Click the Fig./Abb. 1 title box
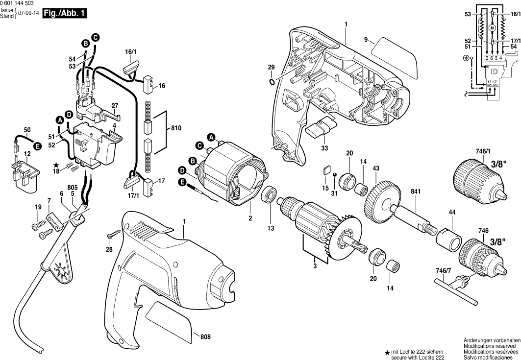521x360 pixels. click(64, 14)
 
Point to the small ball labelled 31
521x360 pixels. click(334, 175)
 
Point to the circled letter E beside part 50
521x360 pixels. click(37, 146)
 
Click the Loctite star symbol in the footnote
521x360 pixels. click(387, 352)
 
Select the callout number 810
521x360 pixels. click(176, 128)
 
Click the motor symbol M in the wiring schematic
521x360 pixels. click(493, 28)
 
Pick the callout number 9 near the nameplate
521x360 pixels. click(366, 39)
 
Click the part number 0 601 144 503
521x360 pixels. click(20, 3)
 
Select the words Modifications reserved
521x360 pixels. click(490, 345)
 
